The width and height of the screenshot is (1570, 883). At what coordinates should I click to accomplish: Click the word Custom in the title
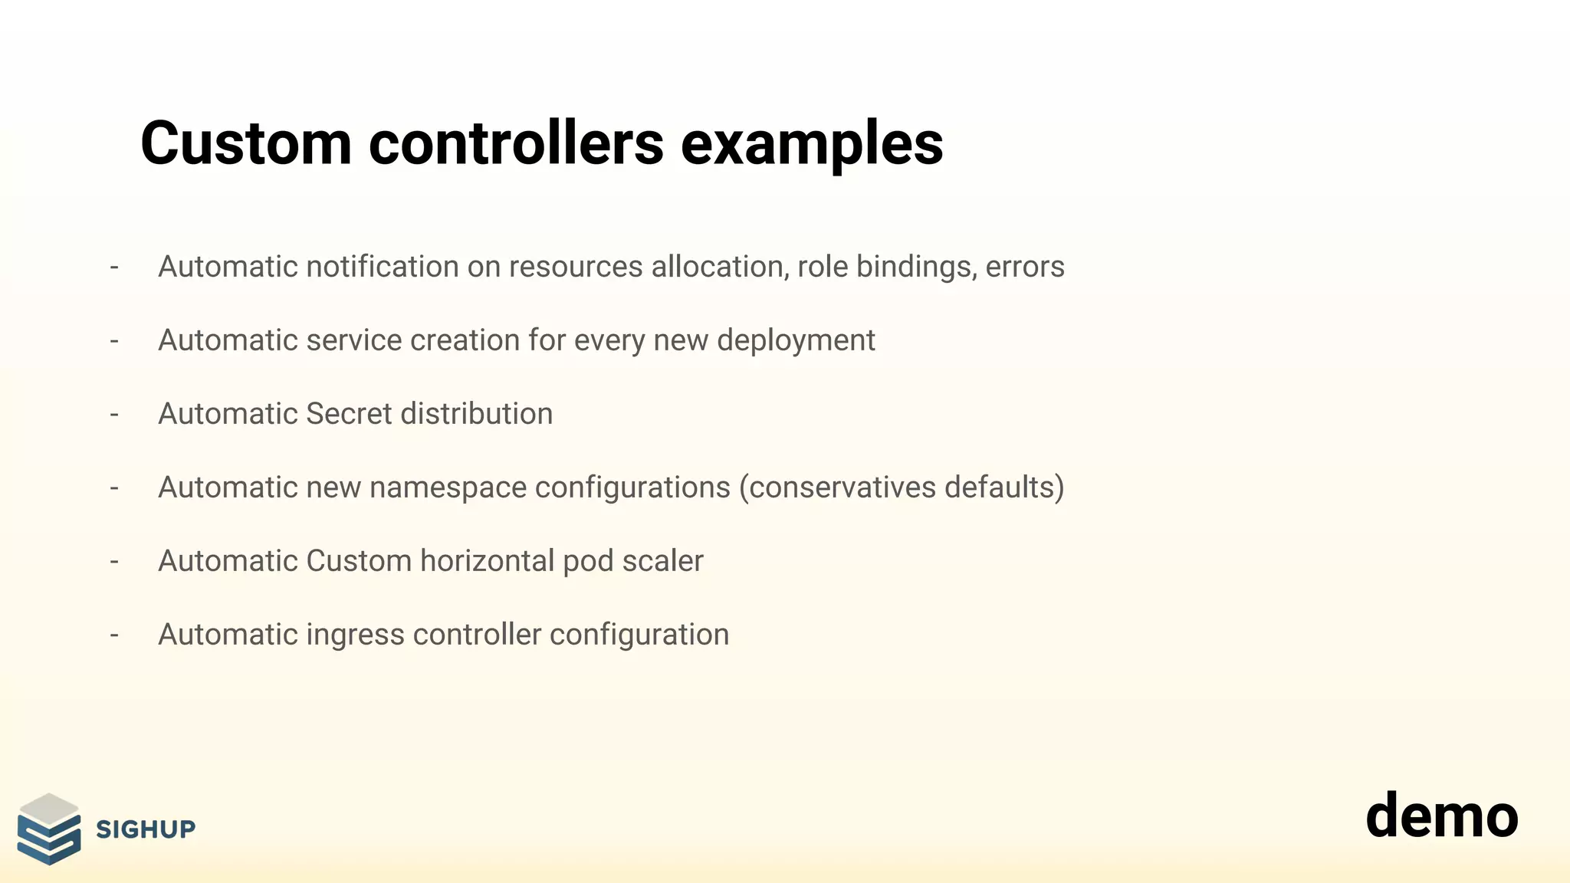click(245, 143)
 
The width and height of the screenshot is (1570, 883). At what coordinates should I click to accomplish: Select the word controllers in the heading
click(516, 143)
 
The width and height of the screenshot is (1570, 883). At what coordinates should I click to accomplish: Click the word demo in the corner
click(1441, 816)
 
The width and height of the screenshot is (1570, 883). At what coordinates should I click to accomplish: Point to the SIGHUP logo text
click(146, 829)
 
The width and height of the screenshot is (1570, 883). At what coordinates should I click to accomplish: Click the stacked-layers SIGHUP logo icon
click(49, 829)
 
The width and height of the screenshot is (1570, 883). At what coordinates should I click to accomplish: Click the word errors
click(1025, 267)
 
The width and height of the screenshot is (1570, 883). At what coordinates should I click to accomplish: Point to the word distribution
click(476, 414)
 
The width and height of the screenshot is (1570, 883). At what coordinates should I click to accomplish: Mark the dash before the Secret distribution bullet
click(114, 414)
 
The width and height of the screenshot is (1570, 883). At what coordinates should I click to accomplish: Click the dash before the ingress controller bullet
click(114, 635)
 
